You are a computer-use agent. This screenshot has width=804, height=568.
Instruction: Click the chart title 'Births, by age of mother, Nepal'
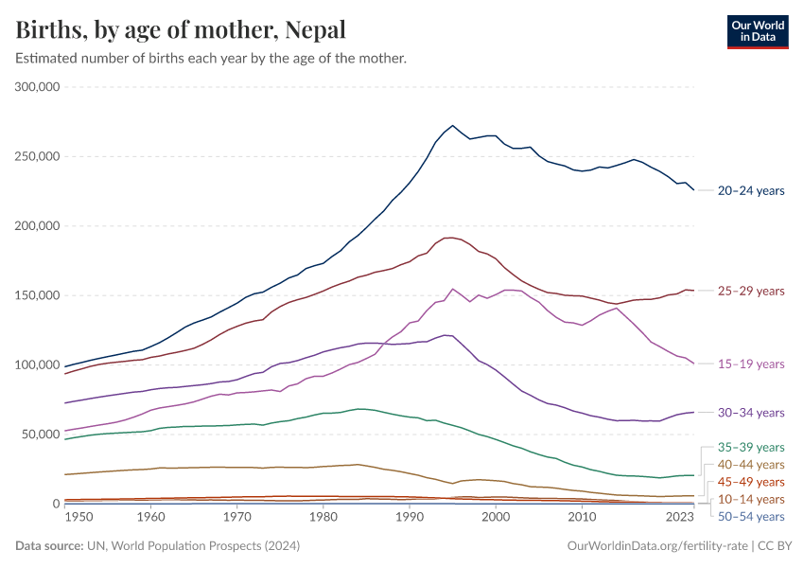click(181, 30)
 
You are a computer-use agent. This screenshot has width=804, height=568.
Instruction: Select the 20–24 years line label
click(751, 190)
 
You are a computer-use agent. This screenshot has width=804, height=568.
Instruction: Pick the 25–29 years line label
click(751, 291)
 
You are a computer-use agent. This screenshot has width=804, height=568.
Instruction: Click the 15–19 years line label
click(751, 364)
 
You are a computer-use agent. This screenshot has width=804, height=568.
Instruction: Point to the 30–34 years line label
click(751, 413)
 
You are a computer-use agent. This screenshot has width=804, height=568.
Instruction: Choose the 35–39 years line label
click(751, 447)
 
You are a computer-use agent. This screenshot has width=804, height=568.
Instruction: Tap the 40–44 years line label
click(751, 465)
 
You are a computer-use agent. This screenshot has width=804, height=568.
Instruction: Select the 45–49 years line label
click(751, 482)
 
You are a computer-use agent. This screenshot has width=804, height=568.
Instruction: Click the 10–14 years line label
click(751, 499)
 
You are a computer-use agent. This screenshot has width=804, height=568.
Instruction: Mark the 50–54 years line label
click(751, 516)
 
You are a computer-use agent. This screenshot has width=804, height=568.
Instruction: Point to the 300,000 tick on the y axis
click(38, 87)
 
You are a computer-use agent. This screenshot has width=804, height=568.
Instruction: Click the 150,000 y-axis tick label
click(38, 295)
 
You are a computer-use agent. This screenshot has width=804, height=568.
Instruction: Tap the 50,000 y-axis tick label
click(42, 435)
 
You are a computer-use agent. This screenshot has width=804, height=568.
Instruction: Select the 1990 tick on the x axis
click(410, 518)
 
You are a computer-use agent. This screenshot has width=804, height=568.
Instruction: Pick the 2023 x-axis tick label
click(680, 518)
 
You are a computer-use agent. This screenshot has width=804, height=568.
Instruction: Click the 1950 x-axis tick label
click(79, 518)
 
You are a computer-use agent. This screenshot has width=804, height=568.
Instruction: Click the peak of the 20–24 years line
click(453, 125)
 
